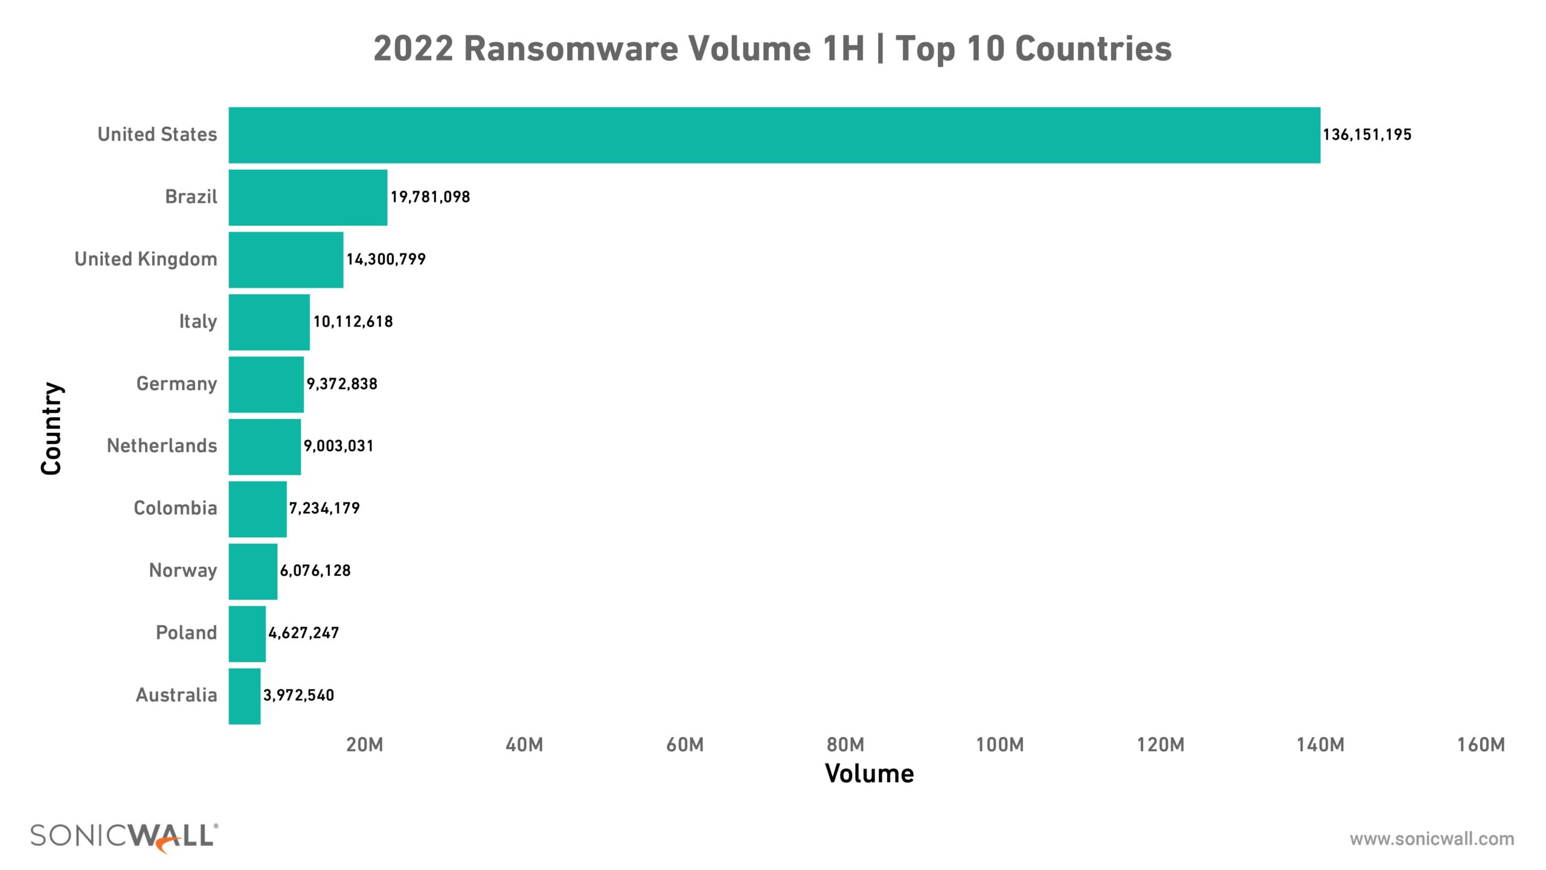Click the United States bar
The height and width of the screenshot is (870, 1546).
tap(774, 135)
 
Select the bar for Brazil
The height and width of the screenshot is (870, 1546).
tap(308, 197)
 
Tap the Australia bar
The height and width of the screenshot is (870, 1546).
tap(245, 696)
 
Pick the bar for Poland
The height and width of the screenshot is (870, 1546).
tap(247, 634)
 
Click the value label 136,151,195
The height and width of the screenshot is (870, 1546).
tap(1367, 135)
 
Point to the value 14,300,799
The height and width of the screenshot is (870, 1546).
tap(386, 260)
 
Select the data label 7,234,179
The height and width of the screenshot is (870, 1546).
tap(324, 508)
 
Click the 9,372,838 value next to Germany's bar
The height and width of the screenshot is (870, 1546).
tap(342, 384)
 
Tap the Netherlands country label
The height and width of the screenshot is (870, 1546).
tap(162, 446)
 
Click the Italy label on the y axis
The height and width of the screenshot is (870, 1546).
tap(197, 322)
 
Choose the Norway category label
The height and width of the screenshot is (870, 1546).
tap(183, 571)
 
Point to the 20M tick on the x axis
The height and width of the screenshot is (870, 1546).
tap(365, 745)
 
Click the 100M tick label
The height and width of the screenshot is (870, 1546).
tap(1000, 745)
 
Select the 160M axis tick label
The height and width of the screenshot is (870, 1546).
tap(1481, 745)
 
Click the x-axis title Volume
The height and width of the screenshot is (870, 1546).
tap(870, 774)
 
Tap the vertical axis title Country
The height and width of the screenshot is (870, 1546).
tap(52, 429)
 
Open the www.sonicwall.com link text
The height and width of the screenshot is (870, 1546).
tap(1432, 839)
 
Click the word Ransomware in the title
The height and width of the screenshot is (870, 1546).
tap(570, 49)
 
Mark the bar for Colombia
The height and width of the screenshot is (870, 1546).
tap(258, 509)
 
